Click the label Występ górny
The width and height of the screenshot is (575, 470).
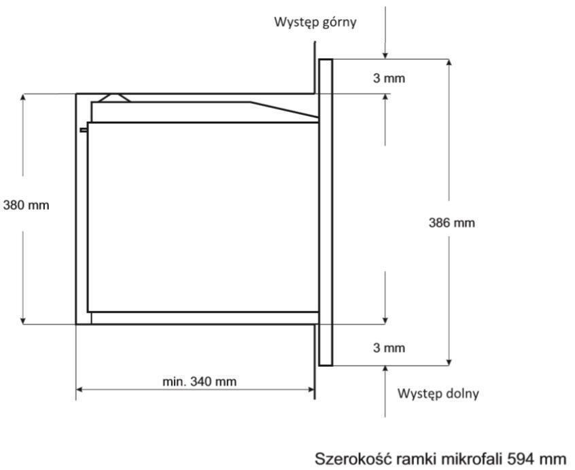click(x=315, y=22)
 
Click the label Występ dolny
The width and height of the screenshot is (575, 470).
click(x=438, y=393)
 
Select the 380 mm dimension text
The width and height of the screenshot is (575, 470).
click(x=26, y=205)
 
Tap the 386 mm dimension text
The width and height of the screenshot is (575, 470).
click(x=452, y=223)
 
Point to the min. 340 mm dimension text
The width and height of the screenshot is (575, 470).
click(x=200, y=382)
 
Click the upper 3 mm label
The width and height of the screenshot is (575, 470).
click(x=389, y=78)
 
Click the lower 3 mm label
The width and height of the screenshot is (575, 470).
click(x=389, y=348)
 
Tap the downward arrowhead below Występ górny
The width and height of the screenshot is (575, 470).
click(x=385, y=54)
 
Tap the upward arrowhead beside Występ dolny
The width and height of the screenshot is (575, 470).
click(x=385, y=370)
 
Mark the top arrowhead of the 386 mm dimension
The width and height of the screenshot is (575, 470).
click(x=449, y=64)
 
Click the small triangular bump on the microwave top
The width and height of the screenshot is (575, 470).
click(x=114, y=98)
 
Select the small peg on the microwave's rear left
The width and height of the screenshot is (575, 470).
click(x=84, y=130)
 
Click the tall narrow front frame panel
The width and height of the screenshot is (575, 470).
click(x=326, y=213)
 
